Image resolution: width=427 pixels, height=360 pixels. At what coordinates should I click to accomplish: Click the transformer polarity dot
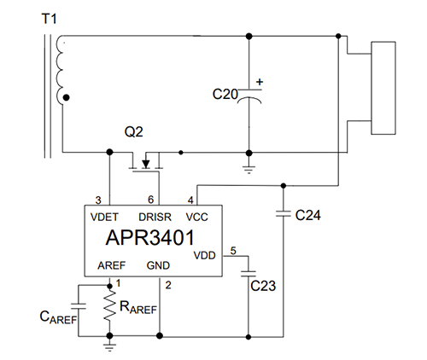coord(67,99)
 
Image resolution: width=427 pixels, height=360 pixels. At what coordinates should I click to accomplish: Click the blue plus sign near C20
coord(260,83)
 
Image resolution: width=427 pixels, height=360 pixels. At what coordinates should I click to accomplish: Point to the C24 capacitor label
coord(307,215)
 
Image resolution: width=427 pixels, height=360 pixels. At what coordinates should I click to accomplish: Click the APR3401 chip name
coord(151,235)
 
